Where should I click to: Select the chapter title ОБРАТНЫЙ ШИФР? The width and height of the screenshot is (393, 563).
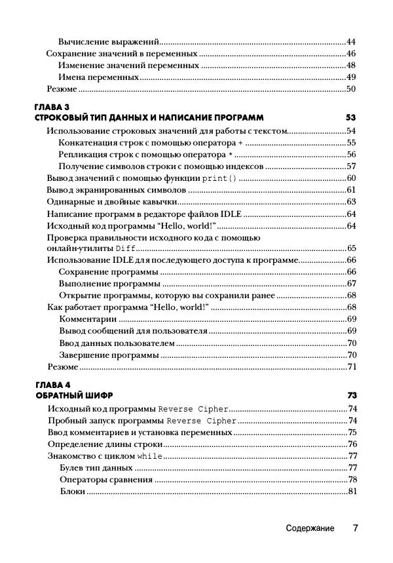point(73,396)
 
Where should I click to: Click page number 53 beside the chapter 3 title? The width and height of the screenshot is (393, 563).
point(350,117)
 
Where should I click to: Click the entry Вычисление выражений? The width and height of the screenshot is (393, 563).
point(109,41)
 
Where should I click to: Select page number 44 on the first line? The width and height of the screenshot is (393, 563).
point(350,41)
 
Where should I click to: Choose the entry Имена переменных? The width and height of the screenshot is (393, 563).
point(99,77)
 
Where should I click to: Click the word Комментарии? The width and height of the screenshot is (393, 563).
point(88,319)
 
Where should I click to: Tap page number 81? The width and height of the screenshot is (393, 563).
point(350,492)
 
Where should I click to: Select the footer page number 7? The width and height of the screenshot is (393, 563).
point(354,528)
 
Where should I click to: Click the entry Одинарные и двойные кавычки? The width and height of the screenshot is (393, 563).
point(109,202)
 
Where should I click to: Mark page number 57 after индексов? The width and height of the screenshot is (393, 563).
point(350,166)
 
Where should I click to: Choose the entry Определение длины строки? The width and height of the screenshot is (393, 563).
point(105,444)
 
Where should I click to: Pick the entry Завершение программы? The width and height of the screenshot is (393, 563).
point(109,355)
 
